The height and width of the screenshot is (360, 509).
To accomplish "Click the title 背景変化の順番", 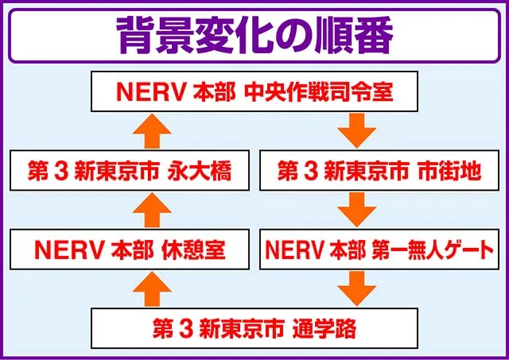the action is [254, 35].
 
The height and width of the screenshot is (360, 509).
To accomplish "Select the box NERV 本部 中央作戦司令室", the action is [254, 91].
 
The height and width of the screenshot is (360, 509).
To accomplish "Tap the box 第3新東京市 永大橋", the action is [130, 170].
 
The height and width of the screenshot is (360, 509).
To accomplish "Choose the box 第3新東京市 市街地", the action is [379, 170].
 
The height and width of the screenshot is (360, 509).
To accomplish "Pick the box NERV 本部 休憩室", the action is [130, 250].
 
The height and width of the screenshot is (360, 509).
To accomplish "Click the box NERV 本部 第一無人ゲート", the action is [379, 250].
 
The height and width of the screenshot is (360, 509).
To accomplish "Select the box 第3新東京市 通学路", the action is [254, 328].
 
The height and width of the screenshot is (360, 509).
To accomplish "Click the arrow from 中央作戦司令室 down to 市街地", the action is [357, 130].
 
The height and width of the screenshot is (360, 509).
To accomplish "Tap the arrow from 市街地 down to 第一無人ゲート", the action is [357, 210].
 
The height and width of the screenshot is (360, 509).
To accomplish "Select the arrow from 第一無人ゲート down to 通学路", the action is [357, 288].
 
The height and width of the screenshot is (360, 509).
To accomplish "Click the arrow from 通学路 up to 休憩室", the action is [152, 288].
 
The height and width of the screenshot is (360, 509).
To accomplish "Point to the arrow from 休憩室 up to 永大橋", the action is [152, 210].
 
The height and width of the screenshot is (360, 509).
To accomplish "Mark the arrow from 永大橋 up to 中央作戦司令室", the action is [152, 130].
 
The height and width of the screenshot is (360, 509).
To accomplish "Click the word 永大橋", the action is [200, 171].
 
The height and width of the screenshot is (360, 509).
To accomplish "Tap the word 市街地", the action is [449, 171].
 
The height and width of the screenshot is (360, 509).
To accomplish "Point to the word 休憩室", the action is [193, 250].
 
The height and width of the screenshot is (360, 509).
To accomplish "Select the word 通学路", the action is [324, 329].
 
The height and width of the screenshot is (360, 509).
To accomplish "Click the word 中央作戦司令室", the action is [318, 92].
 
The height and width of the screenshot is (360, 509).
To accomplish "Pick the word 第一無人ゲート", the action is [433, 250].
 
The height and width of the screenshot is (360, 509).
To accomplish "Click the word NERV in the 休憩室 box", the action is [69, 250].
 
